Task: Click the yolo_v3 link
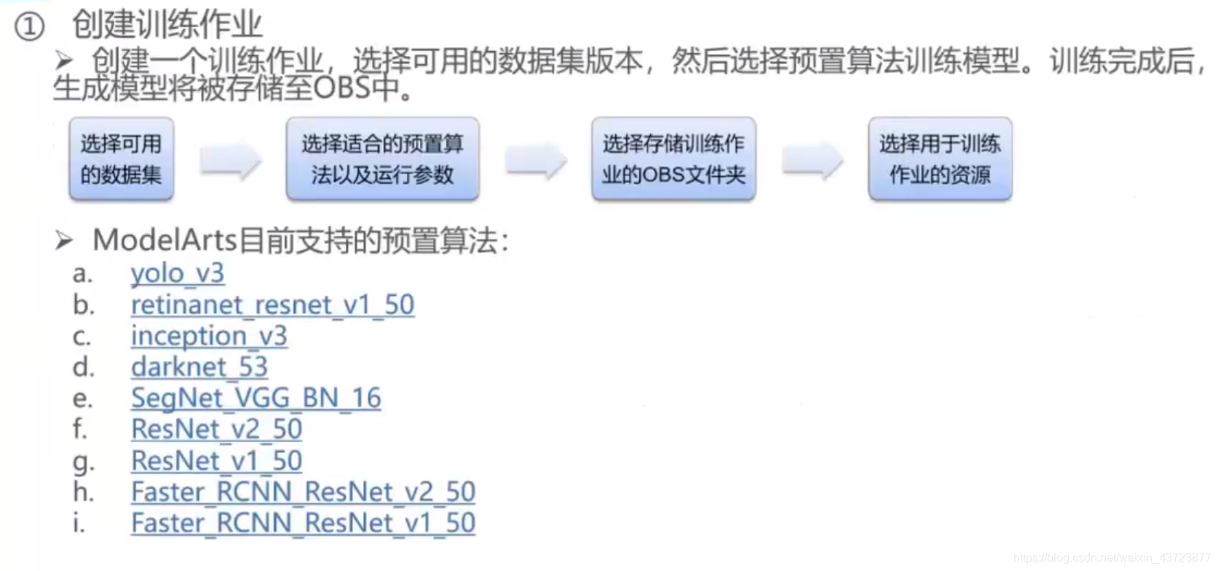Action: pyautogui.click(x=177, y=274)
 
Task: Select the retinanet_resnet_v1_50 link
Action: pyautogui.click(x=272, y=305)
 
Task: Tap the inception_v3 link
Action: pyautogui.click(x=209, y=336)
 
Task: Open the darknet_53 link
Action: pyautogui.click(x=199, y=367)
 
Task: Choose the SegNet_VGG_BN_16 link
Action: pyautogui.click(x=256, y=398)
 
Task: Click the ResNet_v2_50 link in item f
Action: pyautogui.click(x=216, y=430)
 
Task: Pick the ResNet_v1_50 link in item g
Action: pyautogui.click(x=216, y=461)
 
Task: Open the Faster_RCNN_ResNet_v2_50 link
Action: pyautogui.click(x=303, y=492)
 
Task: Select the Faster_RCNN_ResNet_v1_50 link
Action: pyautogui.click(x=303, y=524)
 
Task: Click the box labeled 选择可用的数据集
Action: pyautogui.click(x=121, y=159)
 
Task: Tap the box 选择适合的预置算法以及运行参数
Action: pyautogui.click(x=382, y=159)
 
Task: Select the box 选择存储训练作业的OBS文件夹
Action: pyautogui.click(x=673, y=159)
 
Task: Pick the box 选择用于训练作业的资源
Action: pyautogui.click(x=940, y=159)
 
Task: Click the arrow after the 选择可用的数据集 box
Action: pyautogui.click(x=230, y=160)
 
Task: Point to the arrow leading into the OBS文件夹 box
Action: pyautogui.click(x=536, y=160)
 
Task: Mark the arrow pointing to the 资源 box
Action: pyautogui.click(x=812, y=160)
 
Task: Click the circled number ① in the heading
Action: pyautogui.click(x=30, y=28)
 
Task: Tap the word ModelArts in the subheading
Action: pyautogui.click(x=165, y=240)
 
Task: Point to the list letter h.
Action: pyautogui.click(x=83, y=492)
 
